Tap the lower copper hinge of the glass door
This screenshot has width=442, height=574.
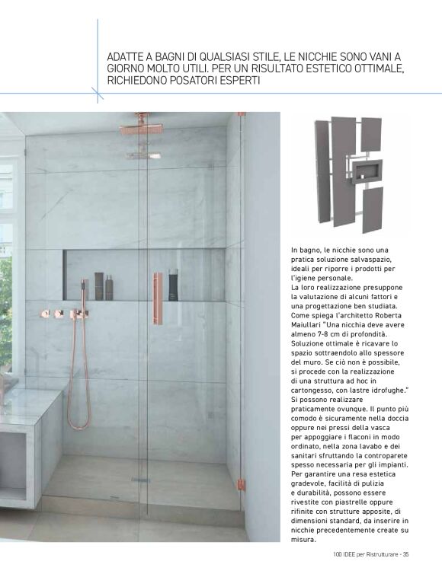(241, 481)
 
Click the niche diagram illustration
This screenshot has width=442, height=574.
(350, 174)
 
